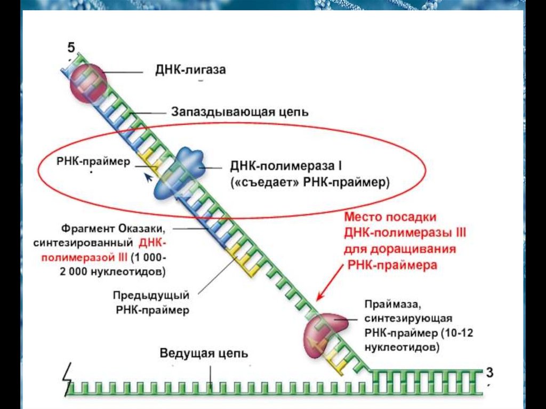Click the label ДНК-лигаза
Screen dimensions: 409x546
point(190,70)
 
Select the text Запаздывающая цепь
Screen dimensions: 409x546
point(240,113)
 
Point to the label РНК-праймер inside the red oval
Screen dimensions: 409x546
point(93,162)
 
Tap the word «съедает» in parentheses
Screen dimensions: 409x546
point(265,182)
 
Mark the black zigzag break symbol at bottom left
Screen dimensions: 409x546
point(67,378)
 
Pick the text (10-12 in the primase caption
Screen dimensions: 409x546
point(457,333)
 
